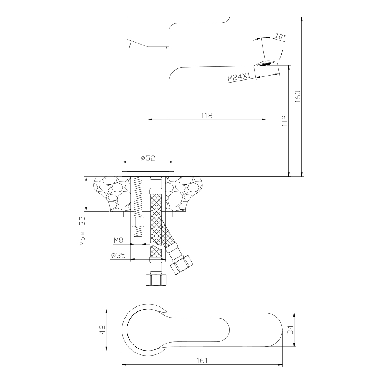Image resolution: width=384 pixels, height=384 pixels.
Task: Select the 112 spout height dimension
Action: [x=285, y=121]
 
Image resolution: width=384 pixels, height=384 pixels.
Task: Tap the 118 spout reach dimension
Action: [x=207, y=115]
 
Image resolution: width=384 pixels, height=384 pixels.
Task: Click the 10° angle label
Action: [x=280, y=36]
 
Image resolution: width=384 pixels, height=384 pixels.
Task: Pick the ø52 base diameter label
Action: [x=148, y=158]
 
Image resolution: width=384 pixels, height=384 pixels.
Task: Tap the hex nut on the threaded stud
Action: [x=137, y=222]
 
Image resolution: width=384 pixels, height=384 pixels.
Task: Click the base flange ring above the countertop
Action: [x=148, y=174]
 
